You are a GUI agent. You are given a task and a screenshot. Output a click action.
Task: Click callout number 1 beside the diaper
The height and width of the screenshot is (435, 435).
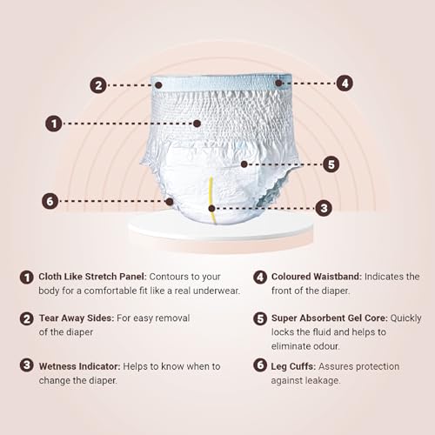tap(54, 124)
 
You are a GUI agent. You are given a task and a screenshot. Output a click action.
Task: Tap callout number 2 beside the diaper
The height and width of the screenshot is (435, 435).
tap(98, 85)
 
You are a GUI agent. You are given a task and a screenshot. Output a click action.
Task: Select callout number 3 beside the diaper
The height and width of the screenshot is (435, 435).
tap(324, 208)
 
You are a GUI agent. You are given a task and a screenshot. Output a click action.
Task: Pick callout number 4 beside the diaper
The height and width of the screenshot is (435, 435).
tap(345, 84)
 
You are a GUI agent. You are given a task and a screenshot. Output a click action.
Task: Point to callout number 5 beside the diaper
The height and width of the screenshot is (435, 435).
tap(331, 164)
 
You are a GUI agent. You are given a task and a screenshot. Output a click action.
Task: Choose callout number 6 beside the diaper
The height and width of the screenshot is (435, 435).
tap(50, 201)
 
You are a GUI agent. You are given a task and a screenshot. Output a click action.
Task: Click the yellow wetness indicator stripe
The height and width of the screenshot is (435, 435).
tap(211, 200)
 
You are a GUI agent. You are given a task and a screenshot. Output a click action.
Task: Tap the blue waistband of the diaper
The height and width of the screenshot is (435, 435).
tap(222, 84)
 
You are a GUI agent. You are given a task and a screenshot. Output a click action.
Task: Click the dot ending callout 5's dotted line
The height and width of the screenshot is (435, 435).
tap(244, 164)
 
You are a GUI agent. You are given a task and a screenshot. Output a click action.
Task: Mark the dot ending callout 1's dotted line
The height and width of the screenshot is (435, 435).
tap(197, 124)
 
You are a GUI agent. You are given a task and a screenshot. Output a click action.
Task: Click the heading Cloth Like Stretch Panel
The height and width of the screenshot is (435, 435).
tap(93, 277)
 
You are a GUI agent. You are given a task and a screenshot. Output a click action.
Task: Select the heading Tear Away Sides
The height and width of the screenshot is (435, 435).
tap(77, 318)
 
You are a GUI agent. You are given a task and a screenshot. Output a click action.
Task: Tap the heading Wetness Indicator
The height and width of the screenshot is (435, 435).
tap(79, 366)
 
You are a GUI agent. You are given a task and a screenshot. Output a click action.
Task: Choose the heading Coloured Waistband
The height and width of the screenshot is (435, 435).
tap(317, 277)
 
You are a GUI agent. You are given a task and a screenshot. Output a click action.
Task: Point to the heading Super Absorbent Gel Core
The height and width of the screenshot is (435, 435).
tap(330, 318)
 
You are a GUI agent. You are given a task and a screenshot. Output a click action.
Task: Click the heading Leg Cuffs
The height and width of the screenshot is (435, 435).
tap(293, 367)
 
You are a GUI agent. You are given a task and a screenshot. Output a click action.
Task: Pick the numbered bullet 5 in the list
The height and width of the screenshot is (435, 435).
tap(260, 318)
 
